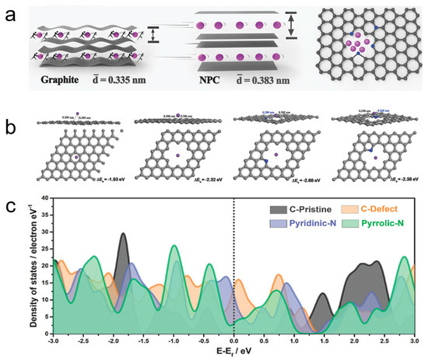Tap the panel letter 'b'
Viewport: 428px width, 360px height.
coord(10,121)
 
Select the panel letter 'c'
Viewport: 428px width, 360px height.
coord(10,208)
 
